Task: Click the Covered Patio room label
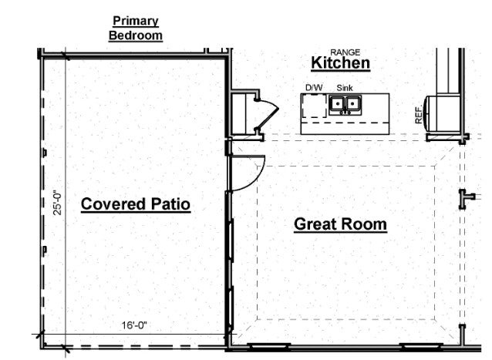[136, 204]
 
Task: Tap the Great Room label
[340, 224]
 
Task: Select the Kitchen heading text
[340, 63]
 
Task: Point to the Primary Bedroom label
[136, 29]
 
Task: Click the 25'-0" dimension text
[57, 203]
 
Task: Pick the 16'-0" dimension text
[134, 325]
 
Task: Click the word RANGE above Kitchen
[345, 52]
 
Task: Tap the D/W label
[314, 88]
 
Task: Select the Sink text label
[345, 88]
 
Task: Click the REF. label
[419, 115]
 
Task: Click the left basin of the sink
[337, 103]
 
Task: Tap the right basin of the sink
[352, 103]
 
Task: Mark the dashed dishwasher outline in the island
[314, 106]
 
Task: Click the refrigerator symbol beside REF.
[441, 113]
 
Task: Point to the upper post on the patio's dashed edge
[45, 153]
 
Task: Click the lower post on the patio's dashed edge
[45, 250]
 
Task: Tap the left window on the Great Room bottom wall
[269, 346]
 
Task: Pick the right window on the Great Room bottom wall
[421, 346]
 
